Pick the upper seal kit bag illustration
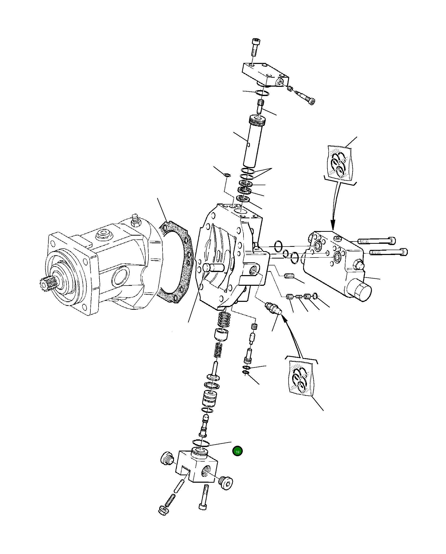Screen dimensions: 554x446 click(x=340, y=164)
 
